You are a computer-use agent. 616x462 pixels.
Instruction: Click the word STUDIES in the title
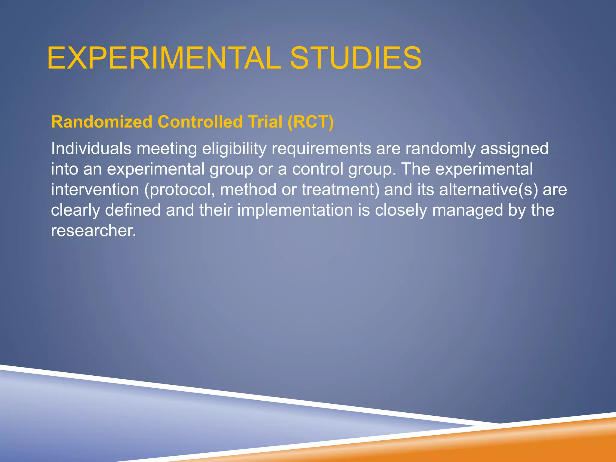tap(356, 58)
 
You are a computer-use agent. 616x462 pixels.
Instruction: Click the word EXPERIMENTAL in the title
tap(164, 58)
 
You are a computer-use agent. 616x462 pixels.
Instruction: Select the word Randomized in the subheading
tap(102, 122)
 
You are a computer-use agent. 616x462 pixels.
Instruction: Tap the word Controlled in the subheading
tap(200, 122)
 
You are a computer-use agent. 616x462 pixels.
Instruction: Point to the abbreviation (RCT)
tap(310, 122)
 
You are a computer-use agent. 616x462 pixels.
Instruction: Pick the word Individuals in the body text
tap(91, 149)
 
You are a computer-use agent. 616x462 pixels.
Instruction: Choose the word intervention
tap(95, 190)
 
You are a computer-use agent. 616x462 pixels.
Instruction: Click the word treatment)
tap(340, 190)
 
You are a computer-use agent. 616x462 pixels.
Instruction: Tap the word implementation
tap(295, 210)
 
